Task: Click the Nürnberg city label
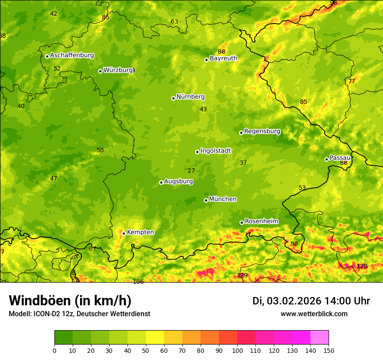190,97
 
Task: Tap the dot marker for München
206,200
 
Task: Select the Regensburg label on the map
262,131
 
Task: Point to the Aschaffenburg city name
72,55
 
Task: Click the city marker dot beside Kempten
124,233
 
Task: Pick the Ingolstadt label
215,151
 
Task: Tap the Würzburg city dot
100,71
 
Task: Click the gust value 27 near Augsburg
191,171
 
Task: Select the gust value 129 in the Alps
242,275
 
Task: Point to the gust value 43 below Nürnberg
203,109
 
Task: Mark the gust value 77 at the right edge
352,81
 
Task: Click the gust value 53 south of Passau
302,188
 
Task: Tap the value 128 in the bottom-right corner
362,266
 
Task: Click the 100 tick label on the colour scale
237,350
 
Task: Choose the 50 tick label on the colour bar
146,350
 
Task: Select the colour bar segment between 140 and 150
319,338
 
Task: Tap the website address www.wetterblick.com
314,314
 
